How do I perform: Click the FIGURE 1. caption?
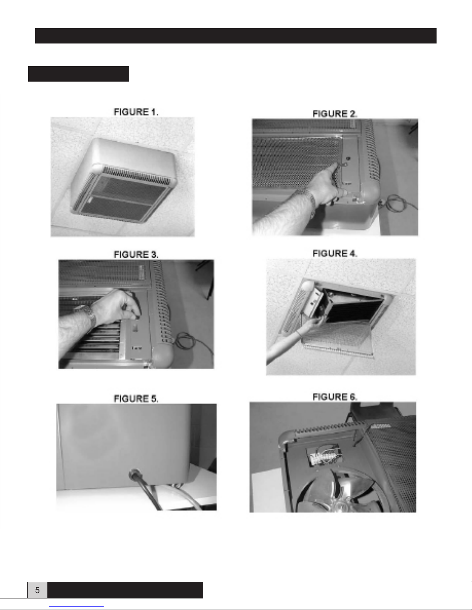click(x=136, y=112)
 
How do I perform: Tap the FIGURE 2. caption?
click(x=335, y=114)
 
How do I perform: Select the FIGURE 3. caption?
click(x=136, y=255)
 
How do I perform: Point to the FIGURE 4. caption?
click(x=335, y=254)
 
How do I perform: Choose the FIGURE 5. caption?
click(x=136, y=399)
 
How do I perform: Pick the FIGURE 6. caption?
click(x=335, y=397)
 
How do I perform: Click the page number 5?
click(x=37, y=590)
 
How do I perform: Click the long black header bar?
click(x=235, y=36)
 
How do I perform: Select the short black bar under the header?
click(x=78, y=74)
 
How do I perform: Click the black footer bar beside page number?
click(x=125, y=590)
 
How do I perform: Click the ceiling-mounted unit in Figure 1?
click(x=123, y=180)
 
